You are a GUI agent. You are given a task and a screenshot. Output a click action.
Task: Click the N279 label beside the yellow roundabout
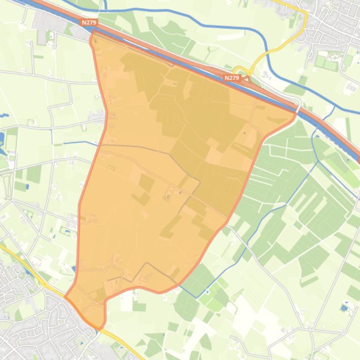pos(232,78)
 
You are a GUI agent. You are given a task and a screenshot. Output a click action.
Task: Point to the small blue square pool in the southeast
pos(345,308)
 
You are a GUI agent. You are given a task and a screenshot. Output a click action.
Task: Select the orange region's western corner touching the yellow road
pos(66,296)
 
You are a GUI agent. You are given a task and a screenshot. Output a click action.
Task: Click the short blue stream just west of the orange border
pos(75,142)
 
